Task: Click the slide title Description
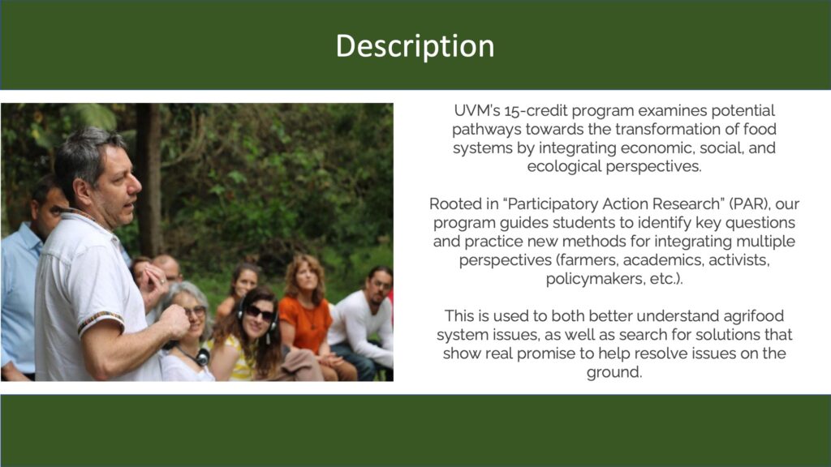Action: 415,46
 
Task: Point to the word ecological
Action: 565,166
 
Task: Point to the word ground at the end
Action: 614,371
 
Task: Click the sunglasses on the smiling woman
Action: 260,314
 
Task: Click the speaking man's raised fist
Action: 174,322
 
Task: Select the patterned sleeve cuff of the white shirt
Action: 100,321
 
